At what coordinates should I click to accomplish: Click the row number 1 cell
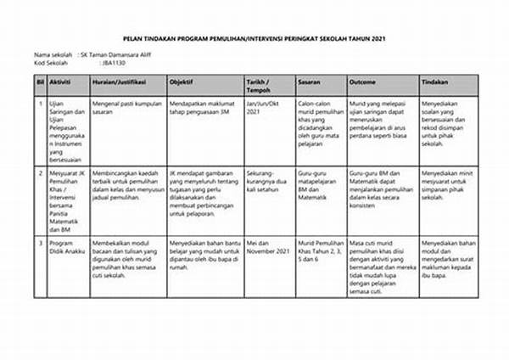39,103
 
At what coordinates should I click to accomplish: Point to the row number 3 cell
39,243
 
